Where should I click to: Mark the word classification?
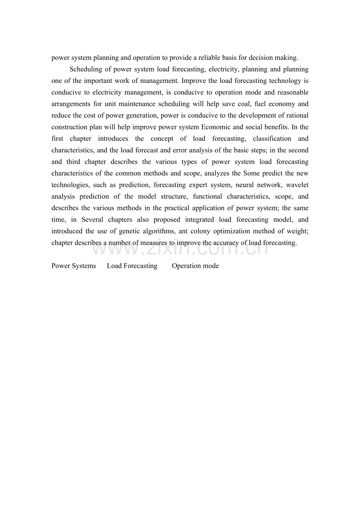tap(272, 139)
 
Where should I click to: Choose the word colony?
tap(200, 231)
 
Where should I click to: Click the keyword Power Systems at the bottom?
tap(74, 266)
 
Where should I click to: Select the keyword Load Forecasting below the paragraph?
tap(132, 266)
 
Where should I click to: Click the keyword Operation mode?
tap(195, 266)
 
